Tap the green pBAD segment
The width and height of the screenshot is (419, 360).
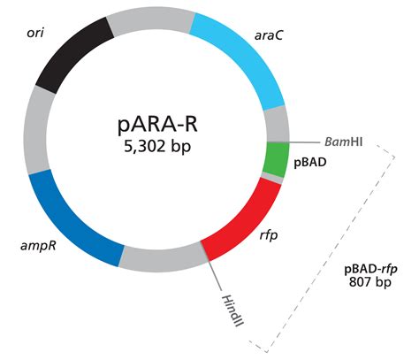[278, 160]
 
